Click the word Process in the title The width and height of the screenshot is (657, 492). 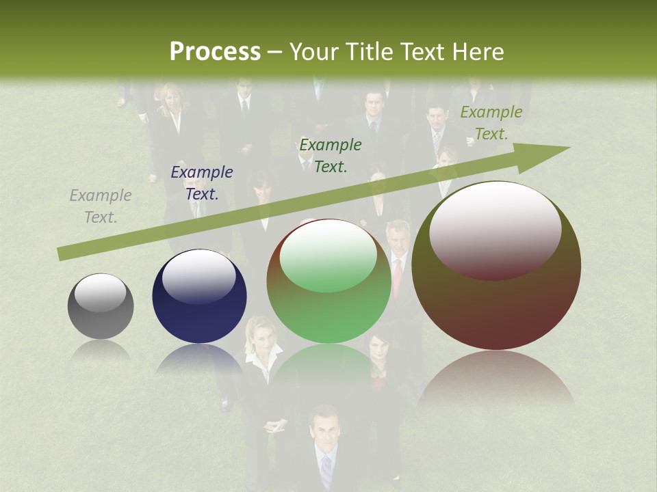215,52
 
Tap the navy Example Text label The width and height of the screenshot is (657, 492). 202,183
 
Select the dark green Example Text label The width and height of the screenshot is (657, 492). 331,155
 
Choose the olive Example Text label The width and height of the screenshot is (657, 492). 491,123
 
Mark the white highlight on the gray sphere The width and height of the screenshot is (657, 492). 101,292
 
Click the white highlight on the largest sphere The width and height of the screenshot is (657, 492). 495,229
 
